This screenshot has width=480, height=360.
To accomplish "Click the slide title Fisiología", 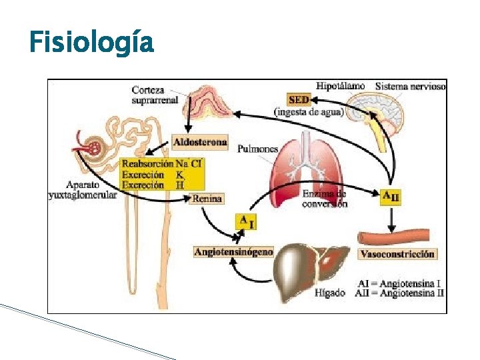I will pyautogui.click(x=91, y=43).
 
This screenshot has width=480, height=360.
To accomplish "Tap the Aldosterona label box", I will pyautogui.click(x=200, y=142).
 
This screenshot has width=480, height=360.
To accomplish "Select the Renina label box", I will pyautogui.click(x=206, y=199).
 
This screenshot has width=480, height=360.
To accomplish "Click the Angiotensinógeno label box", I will pyautogui.click(x=233, y=252).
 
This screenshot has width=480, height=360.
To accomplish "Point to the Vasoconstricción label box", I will pyautogui.click(x=397, y=254).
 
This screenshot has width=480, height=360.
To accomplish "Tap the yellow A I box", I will pyautogui.click(x=245, y=221).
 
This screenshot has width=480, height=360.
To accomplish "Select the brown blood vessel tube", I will pyautogui.click(x=400, y=235).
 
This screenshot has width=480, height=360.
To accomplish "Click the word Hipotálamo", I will pyautogui.click(x=341, y=86).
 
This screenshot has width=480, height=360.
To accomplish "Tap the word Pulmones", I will pyautogui.click(x=257, y=149).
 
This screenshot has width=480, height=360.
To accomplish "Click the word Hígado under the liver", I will pyautogui.click(x=331, y=292).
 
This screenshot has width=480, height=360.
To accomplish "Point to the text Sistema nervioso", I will pyautogui.click(x=411, y=86).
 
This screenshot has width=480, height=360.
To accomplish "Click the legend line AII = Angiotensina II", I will pyautogui.click(x=400, y=293).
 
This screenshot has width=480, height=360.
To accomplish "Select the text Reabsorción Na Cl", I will pyautogui.click(x=162, y=163).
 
